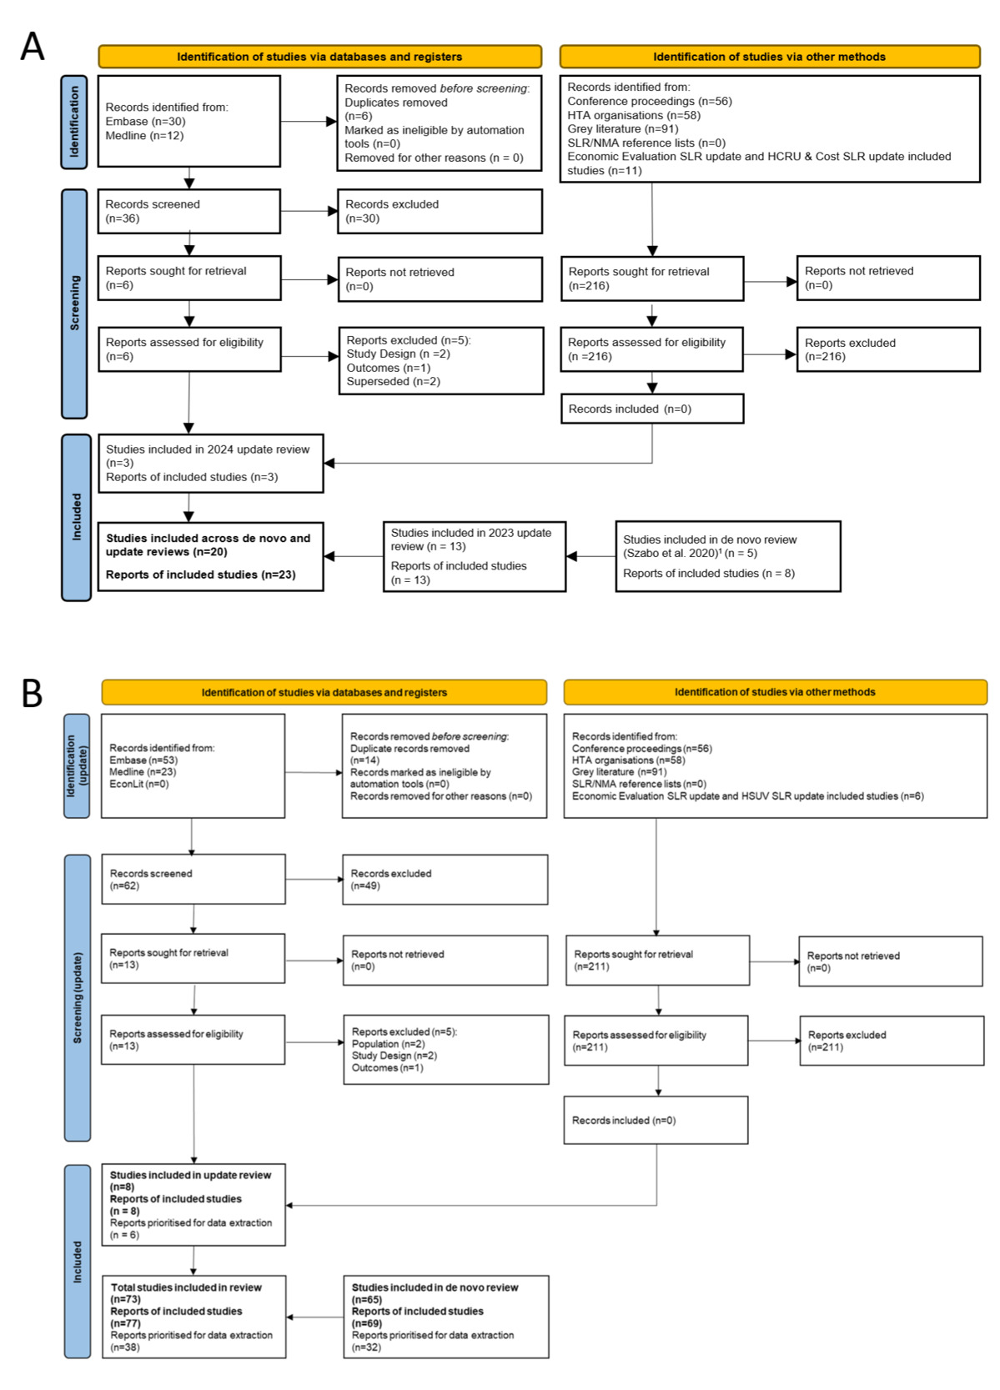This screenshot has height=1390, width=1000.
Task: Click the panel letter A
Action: pos(32,47)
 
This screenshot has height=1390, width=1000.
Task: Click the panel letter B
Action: pos(32,693)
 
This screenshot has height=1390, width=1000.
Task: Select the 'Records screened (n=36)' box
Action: pos(188,211)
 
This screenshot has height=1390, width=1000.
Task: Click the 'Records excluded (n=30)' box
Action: pos(440,211)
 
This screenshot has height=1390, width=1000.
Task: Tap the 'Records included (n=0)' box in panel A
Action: pos(651,409)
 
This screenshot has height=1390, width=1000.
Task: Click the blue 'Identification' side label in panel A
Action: pos(74,122)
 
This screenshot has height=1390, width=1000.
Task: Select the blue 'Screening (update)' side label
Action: pos(78,997)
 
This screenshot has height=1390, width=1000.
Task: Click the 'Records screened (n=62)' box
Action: pos(193,879)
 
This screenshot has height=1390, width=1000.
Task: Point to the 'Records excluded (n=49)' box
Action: pos(445,879)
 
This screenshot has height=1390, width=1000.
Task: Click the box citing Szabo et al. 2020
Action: pos(727,556)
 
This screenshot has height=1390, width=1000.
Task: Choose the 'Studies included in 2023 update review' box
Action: pos(474,556)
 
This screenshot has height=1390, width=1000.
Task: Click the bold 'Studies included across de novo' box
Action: pos(210,556)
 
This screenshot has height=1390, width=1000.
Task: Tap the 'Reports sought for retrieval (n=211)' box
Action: pos(656,960)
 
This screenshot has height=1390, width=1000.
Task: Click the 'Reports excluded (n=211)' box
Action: pos(891,1040)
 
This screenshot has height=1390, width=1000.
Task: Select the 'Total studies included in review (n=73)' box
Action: pos(193,1317)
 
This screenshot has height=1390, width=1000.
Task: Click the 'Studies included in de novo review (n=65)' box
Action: pos(445,1317)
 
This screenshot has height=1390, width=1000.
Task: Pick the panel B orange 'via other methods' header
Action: pos(775,692)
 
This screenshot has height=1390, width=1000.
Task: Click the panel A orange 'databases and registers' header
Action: pos(319,57)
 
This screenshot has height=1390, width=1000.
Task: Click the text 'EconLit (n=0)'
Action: pos(139,784)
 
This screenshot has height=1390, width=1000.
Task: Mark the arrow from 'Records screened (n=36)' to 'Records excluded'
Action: pos(309,211)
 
